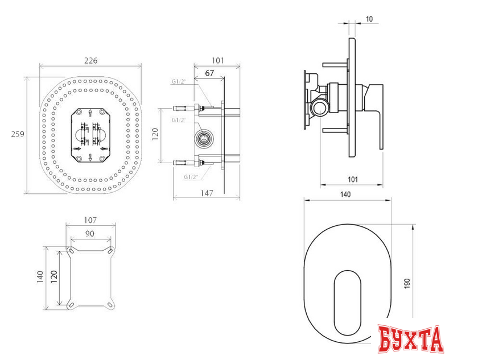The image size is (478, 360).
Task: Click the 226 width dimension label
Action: point(91,61)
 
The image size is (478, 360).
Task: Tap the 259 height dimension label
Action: point(18,134)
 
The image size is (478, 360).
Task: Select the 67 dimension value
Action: point(209,73)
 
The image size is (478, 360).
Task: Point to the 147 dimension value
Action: point(207,193)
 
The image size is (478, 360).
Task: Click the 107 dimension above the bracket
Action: point(90,220)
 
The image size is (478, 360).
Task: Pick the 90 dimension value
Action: point(90,234)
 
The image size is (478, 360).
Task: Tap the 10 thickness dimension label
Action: point(369,19)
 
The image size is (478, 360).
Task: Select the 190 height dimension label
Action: point(407,283)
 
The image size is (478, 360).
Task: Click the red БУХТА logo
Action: point(411,339)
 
